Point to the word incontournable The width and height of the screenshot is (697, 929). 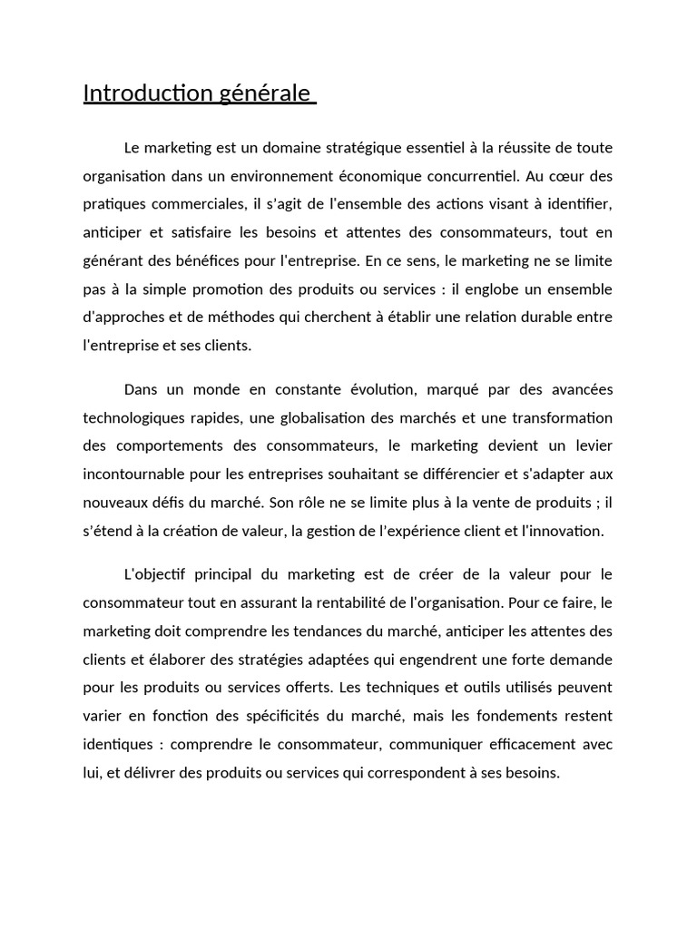pos(135,474)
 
